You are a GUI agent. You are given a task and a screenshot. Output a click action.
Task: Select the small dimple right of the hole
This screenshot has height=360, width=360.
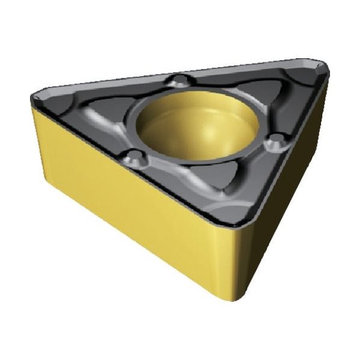click(x=275, y=141)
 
